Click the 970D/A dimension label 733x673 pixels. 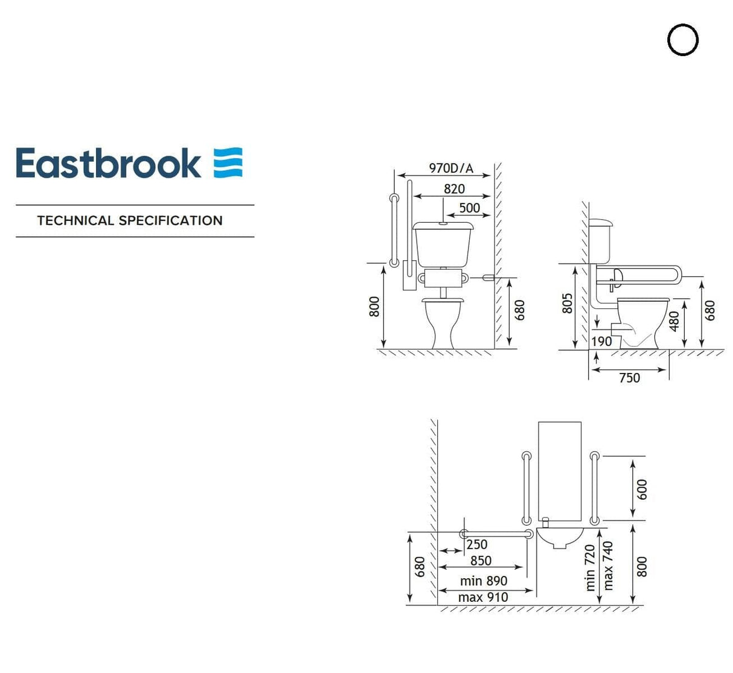click(x=450, y=168)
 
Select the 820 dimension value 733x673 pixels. click(x=454, y=189)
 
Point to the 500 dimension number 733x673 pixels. click(x=469, y=208)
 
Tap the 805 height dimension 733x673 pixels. click(x=567, y=304)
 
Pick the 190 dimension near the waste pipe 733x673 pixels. click(x=601, y=341)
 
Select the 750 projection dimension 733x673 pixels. click(x=629, y=378)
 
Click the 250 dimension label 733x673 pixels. click(x=476, y=544)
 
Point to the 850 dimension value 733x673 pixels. click(x=481, y=561)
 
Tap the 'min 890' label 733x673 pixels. click(x=483, y=581)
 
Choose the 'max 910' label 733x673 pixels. click(x=483, y=597)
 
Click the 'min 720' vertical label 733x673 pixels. click(x=590, y=567)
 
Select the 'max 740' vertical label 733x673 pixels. click(x=607, y=566)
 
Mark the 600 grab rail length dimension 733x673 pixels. click(x=642, y=490)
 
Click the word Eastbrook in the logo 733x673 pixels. click(x=108, y=164)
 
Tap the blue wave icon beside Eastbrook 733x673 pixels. click(x=228, y=162)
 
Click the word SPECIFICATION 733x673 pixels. click(x=171, y=221)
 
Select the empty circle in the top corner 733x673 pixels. click(x=683, y=40)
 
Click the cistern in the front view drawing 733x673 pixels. click(x=443, y=244)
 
